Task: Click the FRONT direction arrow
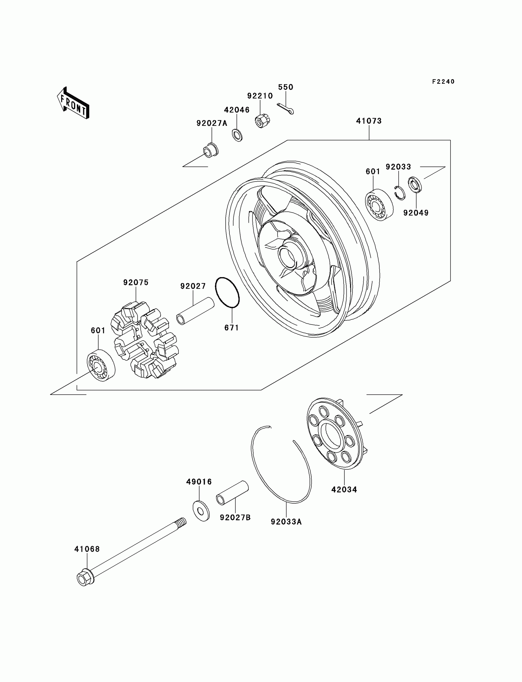pos(73,103)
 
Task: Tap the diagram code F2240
pos(443,82)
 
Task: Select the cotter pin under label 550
pos(285,109)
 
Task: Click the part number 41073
pos(369,121)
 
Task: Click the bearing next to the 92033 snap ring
pos(379,205)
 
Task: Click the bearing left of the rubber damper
pos(100,365)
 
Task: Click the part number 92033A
pos(286,522)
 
